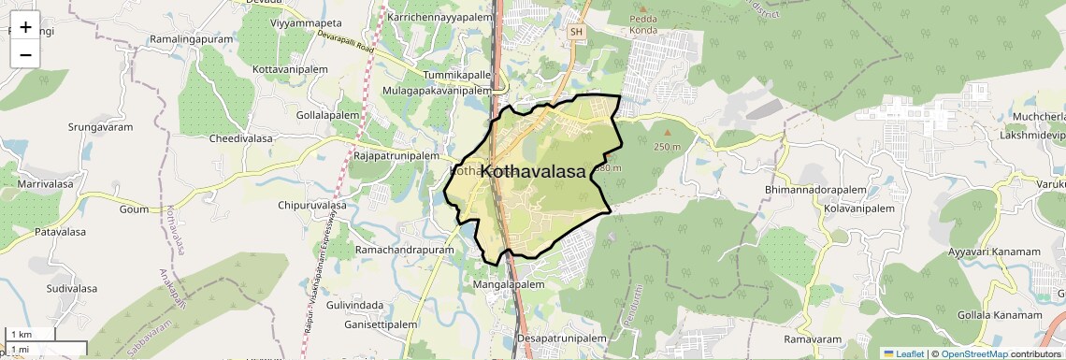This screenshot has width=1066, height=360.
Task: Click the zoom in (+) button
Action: [x=25, y=27]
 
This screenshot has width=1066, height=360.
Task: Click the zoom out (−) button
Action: [x=25, y=54]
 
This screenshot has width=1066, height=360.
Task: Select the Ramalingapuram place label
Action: [x=191, y=40]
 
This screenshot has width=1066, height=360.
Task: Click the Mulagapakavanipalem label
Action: [x=436, y=91]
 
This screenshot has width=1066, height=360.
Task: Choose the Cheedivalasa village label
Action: [x=240, y=137]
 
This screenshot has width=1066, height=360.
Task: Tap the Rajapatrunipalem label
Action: [x=396, y=156]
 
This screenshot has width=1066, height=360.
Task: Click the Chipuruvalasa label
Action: [x=312, y=205]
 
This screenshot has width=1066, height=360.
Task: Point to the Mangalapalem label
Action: [x=509, y=283]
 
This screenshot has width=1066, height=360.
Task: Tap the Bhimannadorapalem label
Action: [x=816, y=190]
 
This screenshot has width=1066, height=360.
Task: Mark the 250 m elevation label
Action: [x=667, y=148]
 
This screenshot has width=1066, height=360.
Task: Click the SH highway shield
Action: [x=576, y=32]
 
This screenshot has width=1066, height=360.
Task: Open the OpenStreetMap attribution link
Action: [x=973, y=353]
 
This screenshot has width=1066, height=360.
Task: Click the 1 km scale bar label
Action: [x=21, y=334]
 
